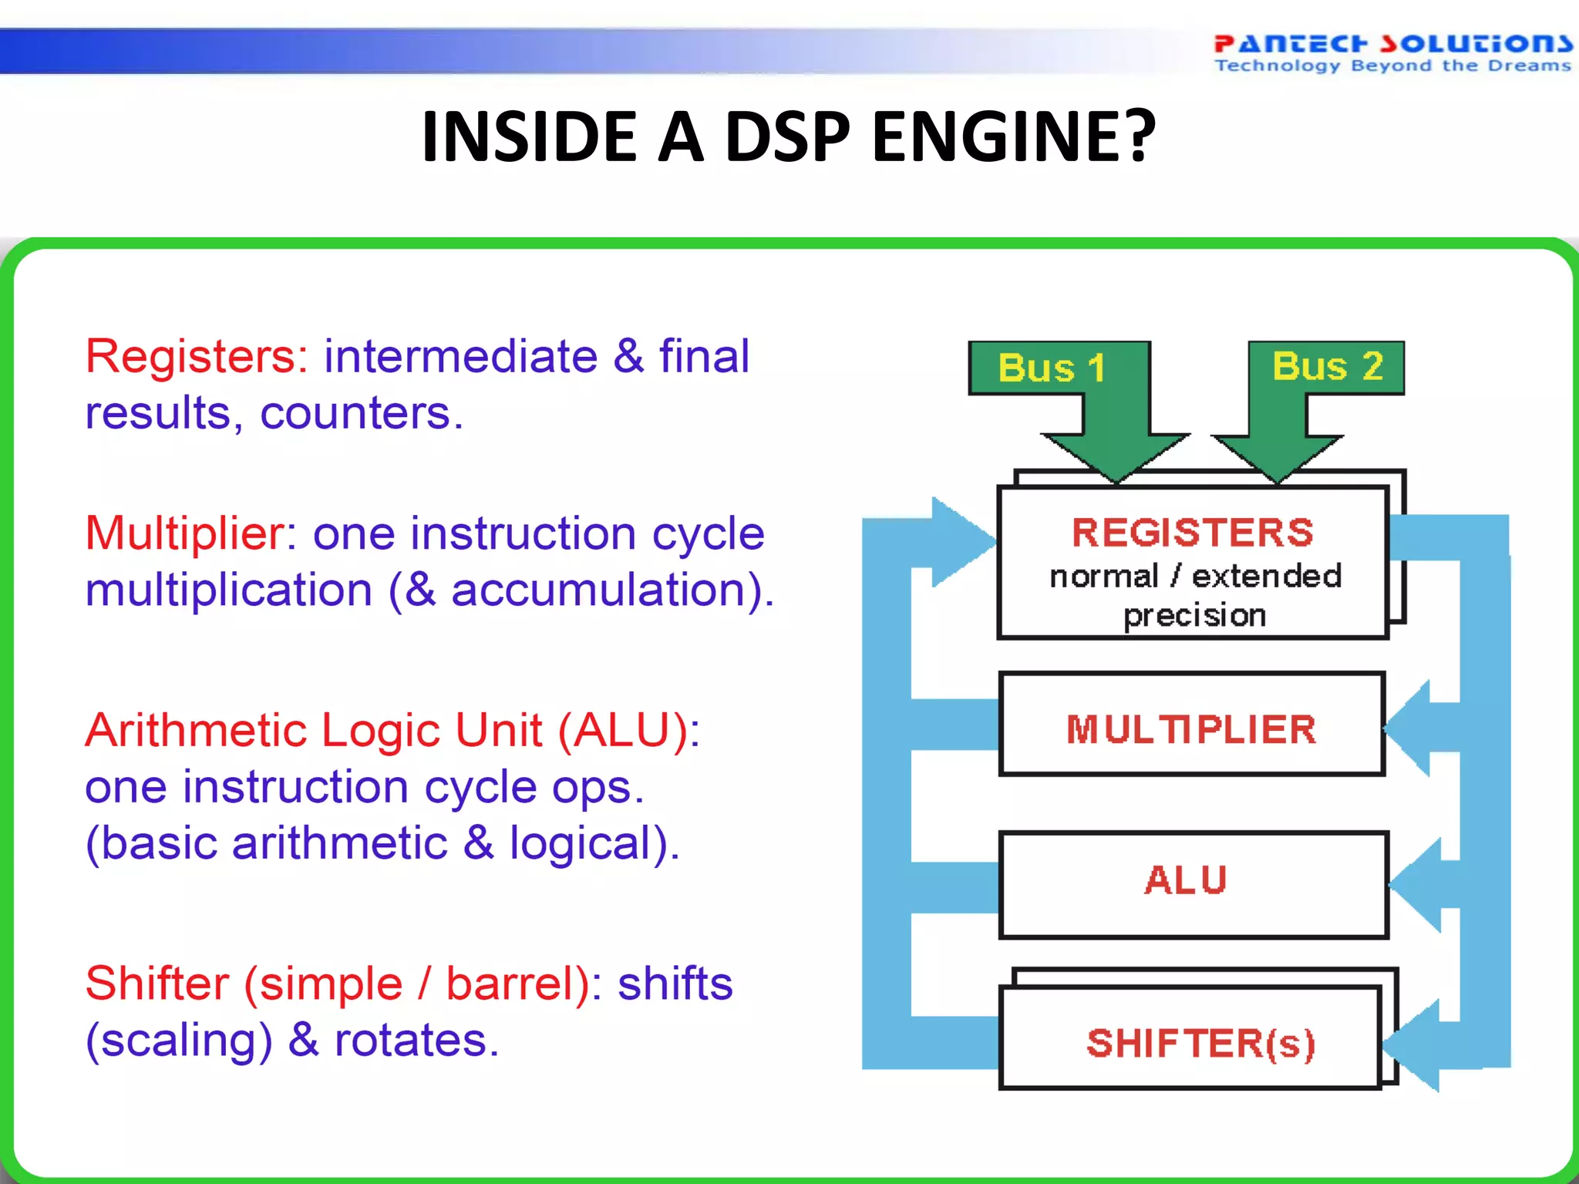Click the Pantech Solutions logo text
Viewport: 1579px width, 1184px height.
click(1392, 43)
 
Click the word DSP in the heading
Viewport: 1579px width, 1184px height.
click(786, 136)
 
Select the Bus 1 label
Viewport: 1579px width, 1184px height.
click(1052, 368)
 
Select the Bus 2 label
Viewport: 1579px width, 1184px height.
click(1328, 365)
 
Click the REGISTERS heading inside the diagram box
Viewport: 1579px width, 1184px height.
click(1193, 533)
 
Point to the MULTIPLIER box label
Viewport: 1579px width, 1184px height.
click(1191, 729)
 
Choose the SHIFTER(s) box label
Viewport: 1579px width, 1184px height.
click(1200, 1044)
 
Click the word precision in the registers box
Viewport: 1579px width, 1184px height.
click(1194, 615)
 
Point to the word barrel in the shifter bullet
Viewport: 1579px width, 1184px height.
click(512, 984)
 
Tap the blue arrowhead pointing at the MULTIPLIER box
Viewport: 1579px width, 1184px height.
click(1409, 728)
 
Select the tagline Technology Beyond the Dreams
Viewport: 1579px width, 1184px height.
click(1392, 66)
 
